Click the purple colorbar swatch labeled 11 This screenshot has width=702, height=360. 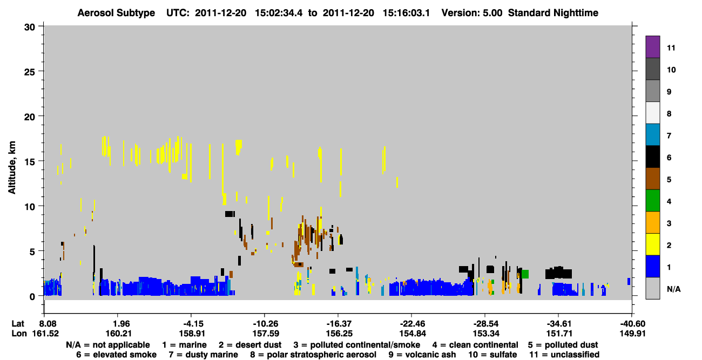coord(652,46)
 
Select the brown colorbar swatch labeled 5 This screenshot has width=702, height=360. coord(652,179)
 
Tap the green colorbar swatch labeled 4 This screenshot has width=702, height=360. coord(652,201)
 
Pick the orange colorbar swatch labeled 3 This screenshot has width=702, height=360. coord(652,222)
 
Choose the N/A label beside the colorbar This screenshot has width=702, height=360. coord(673,289)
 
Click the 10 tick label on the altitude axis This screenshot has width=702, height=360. coord(30,207)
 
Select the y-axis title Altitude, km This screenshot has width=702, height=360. coord(11,168)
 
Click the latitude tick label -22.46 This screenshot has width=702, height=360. coord(413,324)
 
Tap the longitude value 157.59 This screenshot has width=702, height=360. coord(266,334)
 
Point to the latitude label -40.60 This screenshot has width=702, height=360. coord(632,324)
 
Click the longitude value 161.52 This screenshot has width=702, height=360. coord(45,334)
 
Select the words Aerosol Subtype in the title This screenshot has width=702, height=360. coord(116,13)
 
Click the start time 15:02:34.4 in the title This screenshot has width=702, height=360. coord(279,13)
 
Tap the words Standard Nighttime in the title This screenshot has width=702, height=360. coord(553,13)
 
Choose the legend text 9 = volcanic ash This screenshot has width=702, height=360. coord(422,355)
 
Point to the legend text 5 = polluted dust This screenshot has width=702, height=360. coord(563,345)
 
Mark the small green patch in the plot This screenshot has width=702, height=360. coord(525,274)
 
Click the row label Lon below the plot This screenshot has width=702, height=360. coord(19,334)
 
